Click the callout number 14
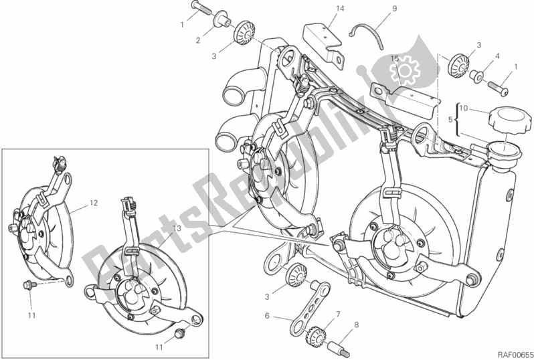321,9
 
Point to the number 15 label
394,59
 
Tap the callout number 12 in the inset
94,201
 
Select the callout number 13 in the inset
176,229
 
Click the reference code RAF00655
511,353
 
